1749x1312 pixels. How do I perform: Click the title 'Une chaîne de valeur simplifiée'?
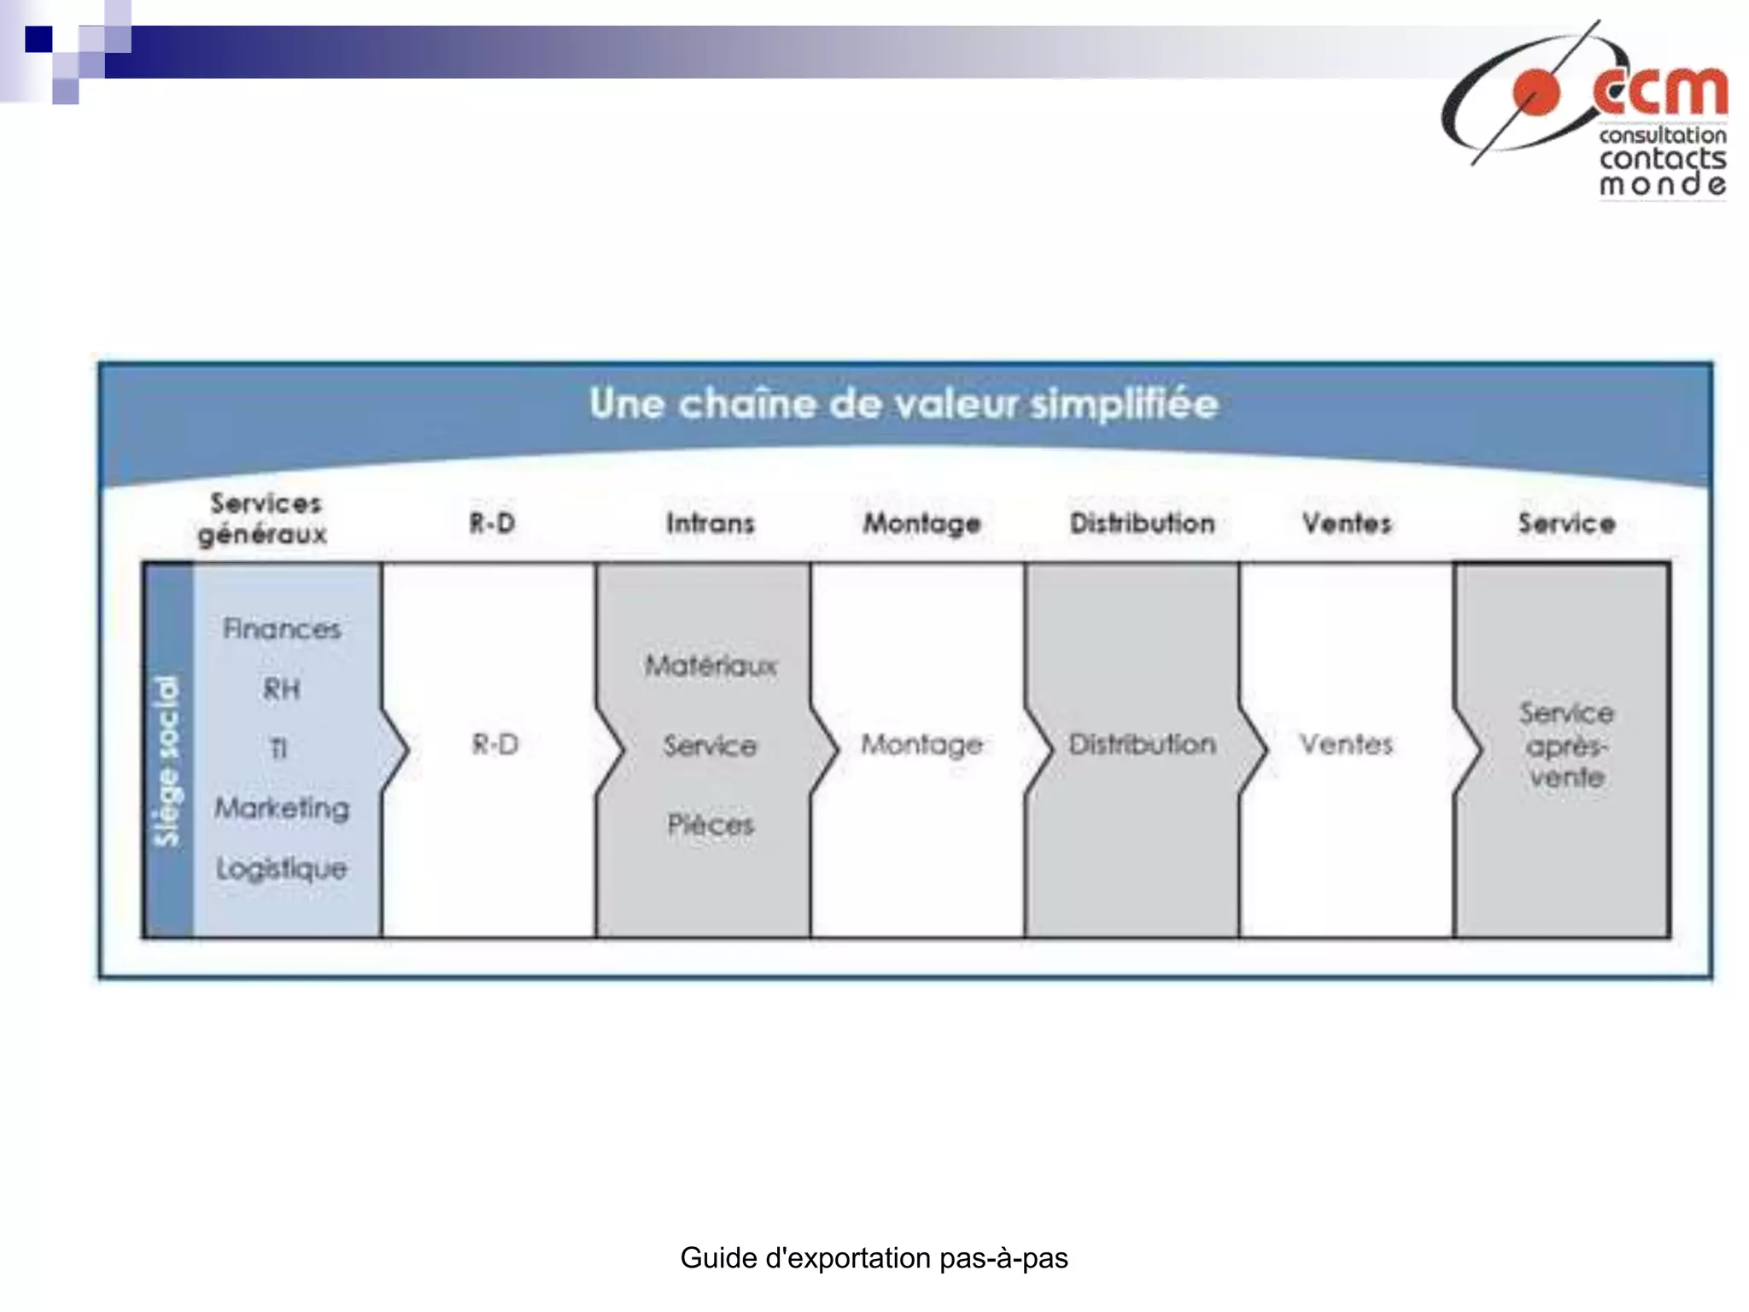pyautogui.click(x=904, y=403)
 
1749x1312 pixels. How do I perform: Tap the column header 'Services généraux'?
pyautogui.click(x=264, y=518)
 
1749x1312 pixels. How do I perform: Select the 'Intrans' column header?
pyautogui.click(x=711, y=523)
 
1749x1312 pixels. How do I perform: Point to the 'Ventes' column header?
pyautogui.click(x=1347, y=523)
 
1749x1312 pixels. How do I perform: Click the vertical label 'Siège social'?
pyautogui.click(x=167, y=760)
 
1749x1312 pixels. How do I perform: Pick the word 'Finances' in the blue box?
pyautogui.click(x=282, y=630)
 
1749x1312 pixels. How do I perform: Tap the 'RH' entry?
pyautogui.click(x=282, y=688)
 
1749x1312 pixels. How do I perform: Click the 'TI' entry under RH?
pyautogui.click(x=278, y=749)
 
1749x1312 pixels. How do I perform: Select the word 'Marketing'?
pyautogui.click(x=282, y=808)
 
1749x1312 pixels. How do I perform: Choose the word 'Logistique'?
pyautogui.click(x=282, y=869)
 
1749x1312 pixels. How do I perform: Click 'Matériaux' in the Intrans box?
pyautogui.click(x=711, y=665)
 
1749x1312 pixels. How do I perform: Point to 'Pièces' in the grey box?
pyautogui.click(x=711, y=824)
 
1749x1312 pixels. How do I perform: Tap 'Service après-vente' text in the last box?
pyautogui.click(x=1566, y=745)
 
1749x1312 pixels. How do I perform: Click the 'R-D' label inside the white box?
pyautogui.click(x=495, y=745)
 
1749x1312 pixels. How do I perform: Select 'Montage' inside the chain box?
pyautogui.click(x=921, y=745)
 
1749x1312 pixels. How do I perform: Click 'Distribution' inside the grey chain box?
pyautogui.click(x=1143, y=744)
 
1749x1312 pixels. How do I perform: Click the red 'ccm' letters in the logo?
pyautogui.click(x=1660, y=91)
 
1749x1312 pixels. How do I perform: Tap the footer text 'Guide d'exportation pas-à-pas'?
pyautogui.click(x=874, y=1257)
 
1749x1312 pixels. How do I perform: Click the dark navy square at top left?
pyautogui.click(x=38, y=39)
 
